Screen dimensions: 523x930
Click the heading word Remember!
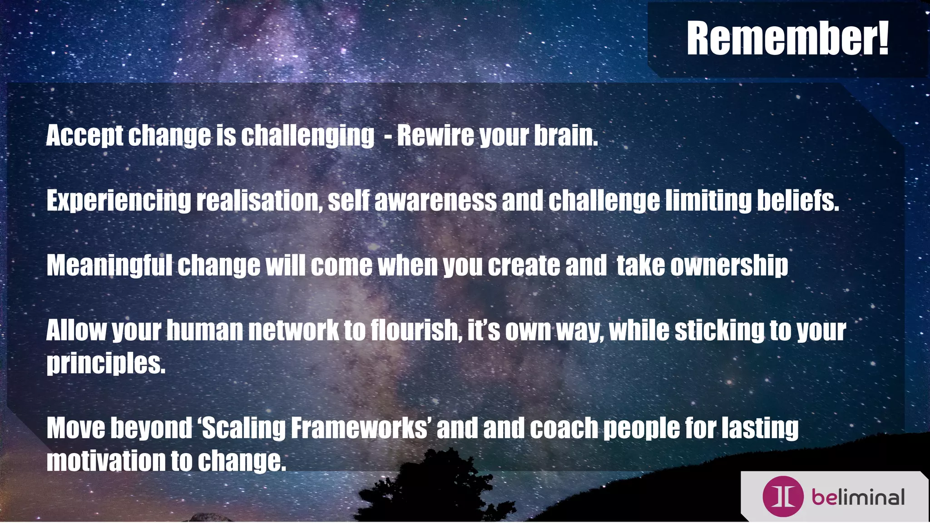point(787,39)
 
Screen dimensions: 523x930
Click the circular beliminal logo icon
point(783,497)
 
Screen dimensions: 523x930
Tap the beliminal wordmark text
point(858,498)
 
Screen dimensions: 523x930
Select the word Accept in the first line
point(84,136)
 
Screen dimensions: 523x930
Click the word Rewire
point(435,135)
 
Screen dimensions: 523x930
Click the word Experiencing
point(119,201)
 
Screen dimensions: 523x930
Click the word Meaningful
point(109,266)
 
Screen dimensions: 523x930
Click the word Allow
point(76,330)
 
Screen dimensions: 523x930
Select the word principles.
point(106,363)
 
